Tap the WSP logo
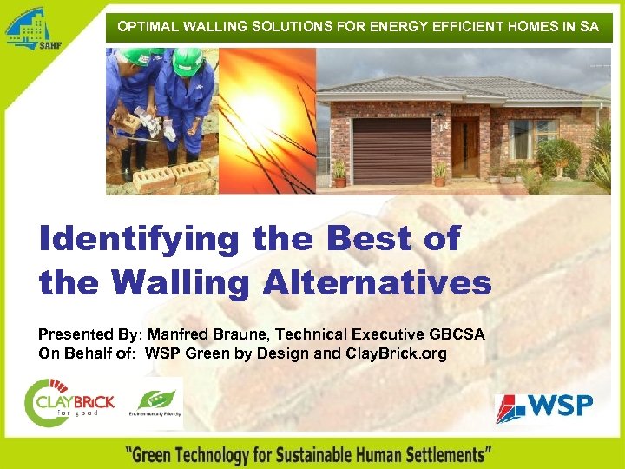pos(544,407)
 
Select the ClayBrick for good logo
pos(69,401)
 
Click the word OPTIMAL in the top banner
pos(147,26)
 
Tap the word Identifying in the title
pos(138,240)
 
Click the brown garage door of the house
pos(391,149)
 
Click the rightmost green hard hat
pos(188,61)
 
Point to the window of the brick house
pos(531,137)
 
